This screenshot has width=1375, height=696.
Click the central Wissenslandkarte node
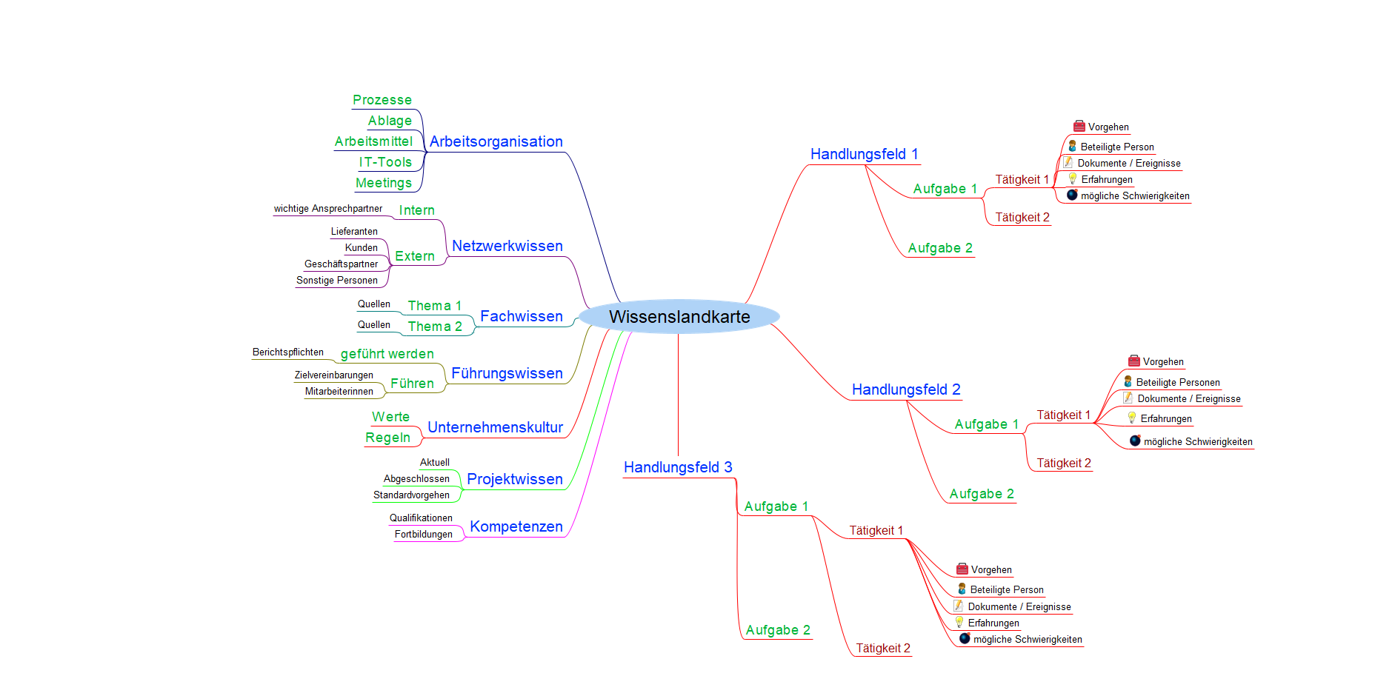pyautogui.click(x=679, y=317)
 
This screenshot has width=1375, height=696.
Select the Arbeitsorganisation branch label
pyautogui.click(x=496, y=141)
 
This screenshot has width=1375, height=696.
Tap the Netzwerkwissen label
pyautogui.click(x=507, y=246)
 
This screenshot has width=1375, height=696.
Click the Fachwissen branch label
pyautogui.click(x=521, y=316)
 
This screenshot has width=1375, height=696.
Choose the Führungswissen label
pyautogui.click(x=507, y=373)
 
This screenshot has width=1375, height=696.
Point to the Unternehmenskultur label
pyautogui.click(x=495, y=427)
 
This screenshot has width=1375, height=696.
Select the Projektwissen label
pyautogui.click(x=514, y=479)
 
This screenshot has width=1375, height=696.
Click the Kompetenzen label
pyautogui.click(x=516, y=526)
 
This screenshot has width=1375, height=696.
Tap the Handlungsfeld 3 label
pyautogui.click(x=678, y=467)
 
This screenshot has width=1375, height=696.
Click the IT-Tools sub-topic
pyautogui.click(x=385, y=162)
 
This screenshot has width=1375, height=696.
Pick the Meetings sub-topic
pyautogui.click(x=383, y=183)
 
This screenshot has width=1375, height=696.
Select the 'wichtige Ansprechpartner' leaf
pyautogui.click(x=327, y=209)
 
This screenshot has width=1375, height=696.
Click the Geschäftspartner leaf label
pyautogui.click(x=341, y=264)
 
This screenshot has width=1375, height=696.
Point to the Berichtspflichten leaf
pyautogui.click(x=287, y=352)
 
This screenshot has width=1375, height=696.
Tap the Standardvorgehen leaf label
pyautogui.click(x=411, y=495)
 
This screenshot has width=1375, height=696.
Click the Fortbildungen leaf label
pyautogui.click(x=423, y=535)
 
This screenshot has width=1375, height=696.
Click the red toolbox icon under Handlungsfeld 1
pyautogui.click(x=1079, y=127)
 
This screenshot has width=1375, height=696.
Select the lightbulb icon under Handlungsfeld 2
pyautogui.click(x=1131, y=418)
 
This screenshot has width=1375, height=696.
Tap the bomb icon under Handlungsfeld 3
pyautogui.click(x=965, y=638)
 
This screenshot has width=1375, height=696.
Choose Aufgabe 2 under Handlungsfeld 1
pyautogui.click(x=939, y=248)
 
